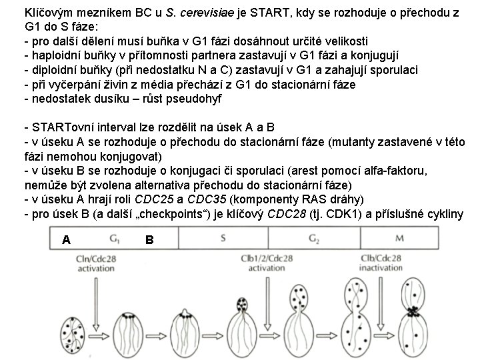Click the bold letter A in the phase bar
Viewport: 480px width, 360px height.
(66, 239)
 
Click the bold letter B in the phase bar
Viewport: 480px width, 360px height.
(149, 239)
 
